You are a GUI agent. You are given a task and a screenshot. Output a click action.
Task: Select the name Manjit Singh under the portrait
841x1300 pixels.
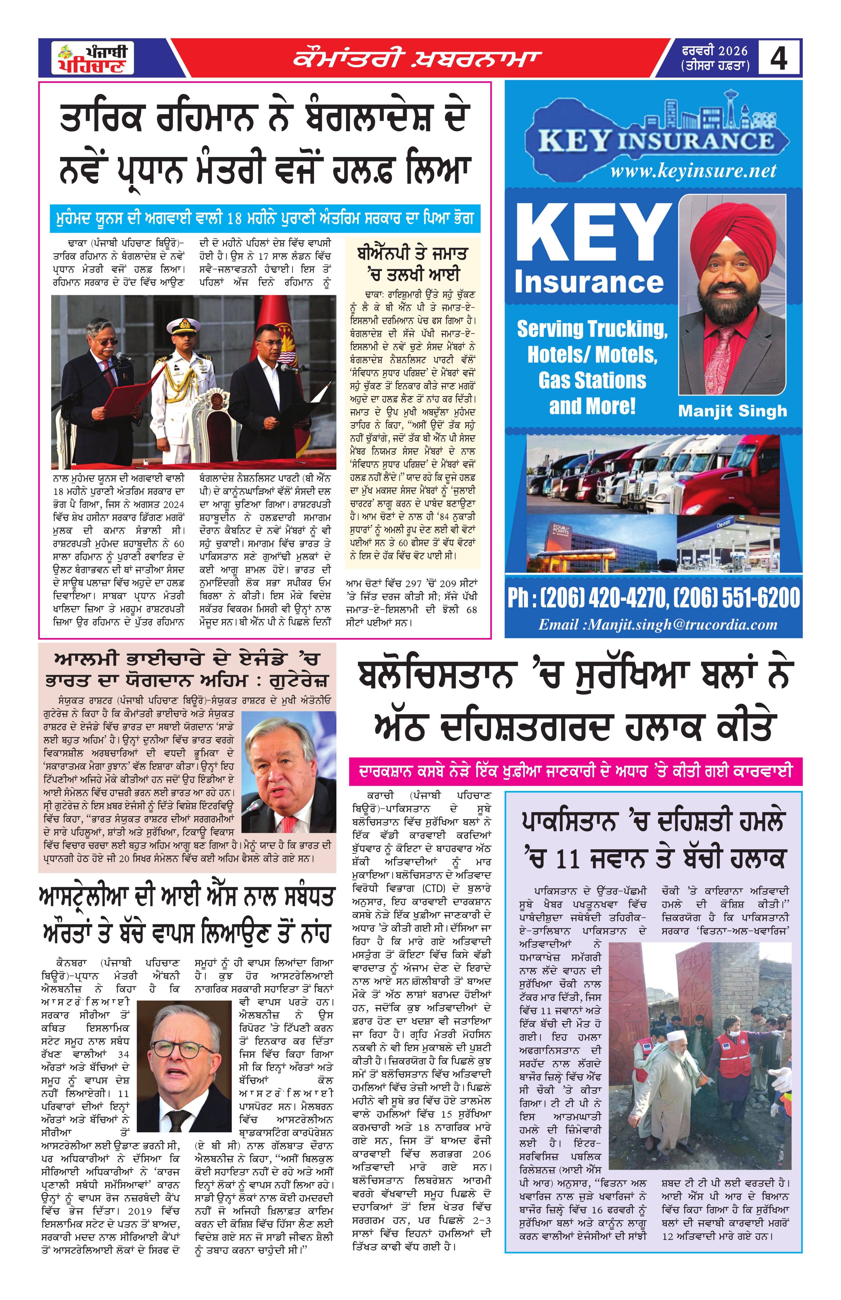tap(732, 411)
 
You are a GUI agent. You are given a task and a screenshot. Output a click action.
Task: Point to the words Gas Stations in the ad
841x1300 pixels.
tap(592, 380)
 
